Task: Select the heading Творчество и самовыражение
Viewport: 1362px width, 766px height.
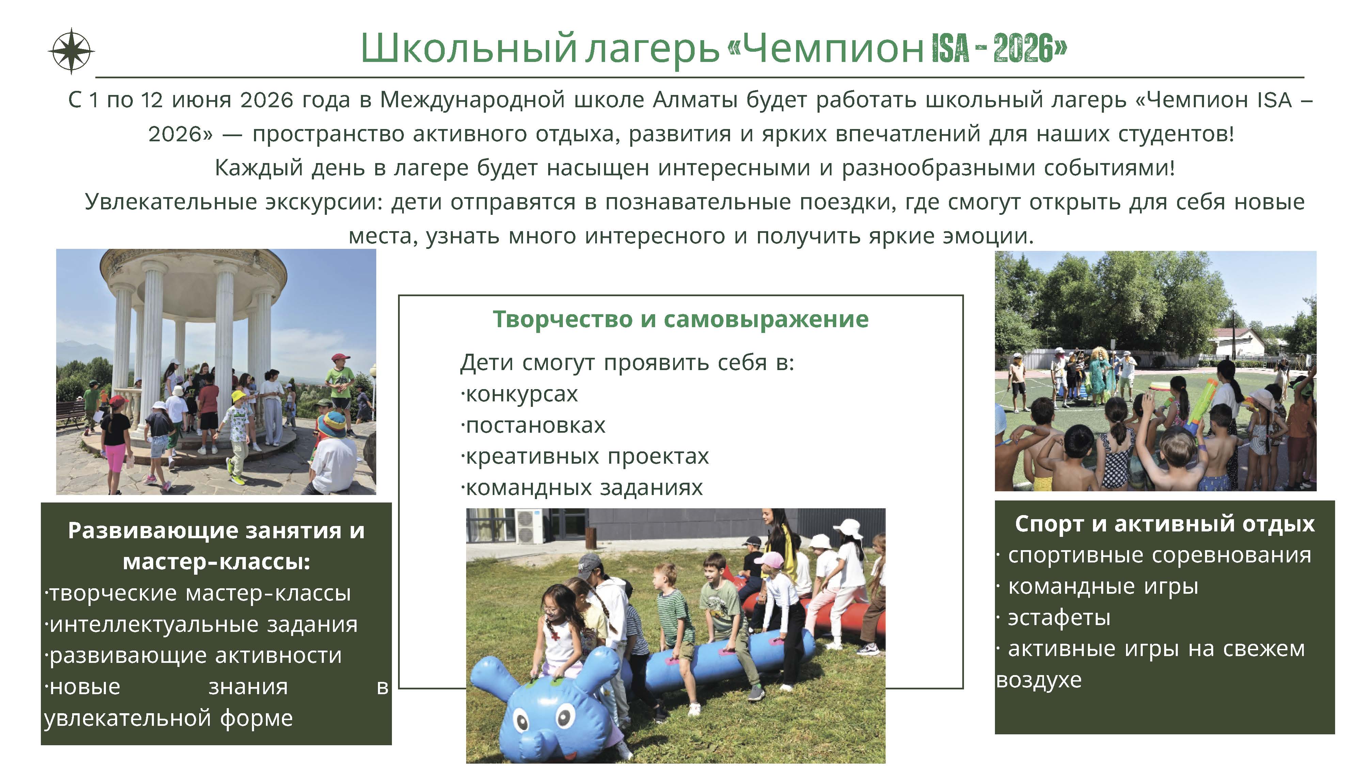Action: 680,319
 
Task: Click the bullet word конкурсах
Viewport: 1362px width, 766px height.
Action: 521,394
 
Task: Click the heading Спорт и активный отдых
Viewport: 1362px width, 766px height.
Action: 1164,524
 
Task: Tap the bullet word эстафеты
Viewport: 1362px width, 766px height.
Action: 1059,618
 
